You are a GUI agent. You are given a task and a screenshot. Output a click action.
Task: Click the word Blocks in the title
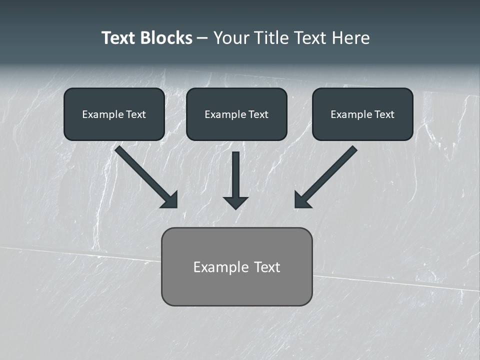click(x=166, y=38)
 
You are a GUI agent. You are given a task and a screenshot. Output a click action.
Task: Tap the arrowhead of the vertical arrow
click(x=235, y=202)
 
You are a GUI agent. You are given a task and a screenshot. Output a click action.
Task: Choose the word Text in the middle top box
click(x=258, y=114)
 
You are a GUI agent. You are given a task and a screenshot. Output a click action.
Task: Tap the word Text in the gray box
click(x=266, y=267)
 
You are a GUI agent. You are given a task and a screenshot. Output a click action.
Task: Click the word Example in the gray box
click(x=221, y=267)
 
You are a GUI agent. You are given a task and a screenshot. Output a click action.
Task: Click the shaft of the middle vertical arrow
click(x=235, y=172)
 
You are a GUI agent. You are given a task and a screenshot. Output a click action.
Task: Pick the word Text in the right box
click(x=384, y=114)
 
